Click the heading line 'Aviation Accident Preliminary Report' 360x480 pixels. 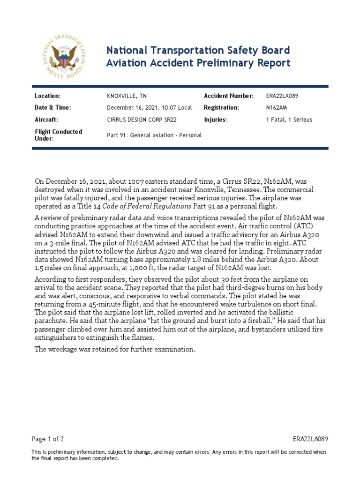coord(198,63)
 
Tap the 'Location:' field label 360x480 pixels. coord(48,96)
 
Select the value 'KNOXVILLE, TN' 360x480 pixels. coord(127,96)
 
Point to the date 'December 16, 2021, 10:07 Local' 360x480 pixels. coord(150,108)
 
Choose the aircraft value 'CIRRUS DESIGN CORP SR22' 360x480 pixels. coord(147,120)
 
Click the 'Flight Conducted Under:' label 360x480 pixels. coord(58,135)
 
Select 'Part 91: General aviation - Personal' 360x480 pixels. coord(154,135)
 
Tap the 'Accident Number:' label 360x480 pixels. coord(229,96)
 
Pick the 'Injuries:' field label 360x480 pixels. coord(216,120)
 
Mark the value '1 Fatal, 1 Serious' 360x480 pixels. coord(289,120)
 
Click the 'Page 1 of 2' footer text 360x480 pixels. coord(48,439)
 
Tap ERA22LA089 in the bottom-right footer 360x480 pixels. coord(310,439)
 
